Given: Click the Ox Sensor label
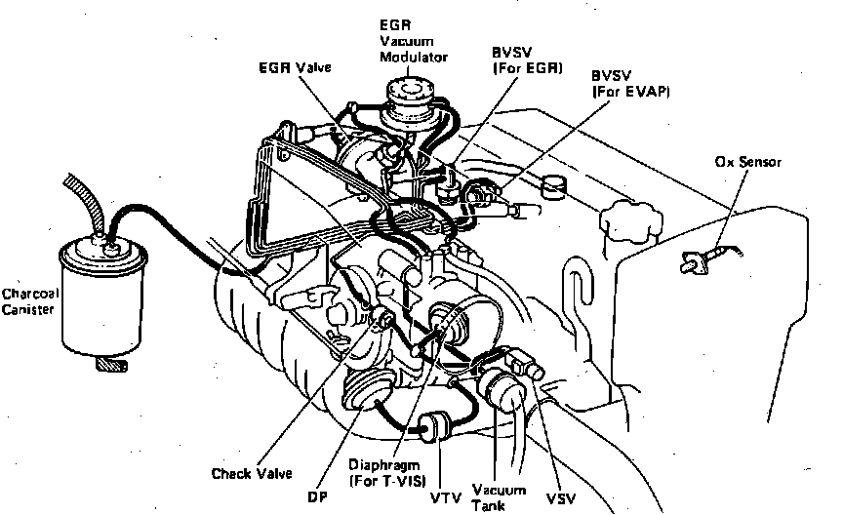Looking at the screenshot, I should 746,161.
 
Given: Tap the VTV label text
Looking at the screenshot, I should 439,496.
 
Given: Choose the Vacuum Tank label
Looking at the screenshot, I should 499,496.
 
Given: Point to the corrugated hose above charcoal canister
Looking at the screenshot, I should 83,200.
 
